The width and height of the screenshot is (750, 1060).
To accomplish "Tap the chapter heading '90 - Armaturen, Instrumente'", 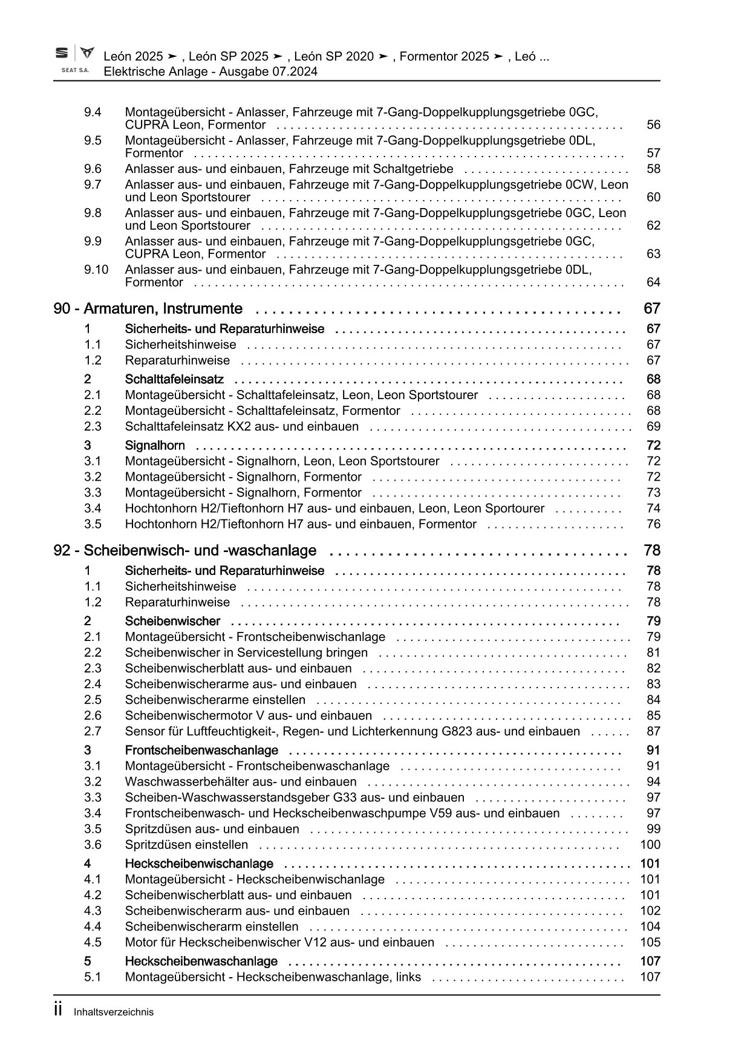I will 148,309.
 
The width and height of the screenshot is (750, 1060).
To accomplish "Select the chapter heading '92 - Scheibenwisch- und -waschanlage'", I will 184,551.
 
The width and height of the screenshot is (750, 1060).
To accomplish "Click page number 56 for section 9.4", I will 653,125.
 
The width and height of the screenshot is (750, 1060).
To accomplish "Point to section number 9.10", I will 96,270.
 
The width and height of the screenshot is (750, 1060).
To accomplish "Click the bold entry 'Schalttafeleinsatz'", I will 174,380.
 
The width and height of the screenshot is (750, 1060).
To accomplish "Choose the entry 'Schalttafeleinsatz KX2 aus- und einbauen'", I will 241,427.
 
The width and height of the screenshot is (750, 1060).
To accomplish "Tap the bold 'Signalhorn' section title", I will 155,446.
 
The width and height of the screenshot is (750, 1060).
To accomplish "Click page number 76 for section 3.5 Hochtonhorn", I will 653,525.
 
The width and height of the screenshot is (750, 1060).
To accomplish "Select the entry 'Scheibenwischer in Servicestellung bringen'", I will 246,653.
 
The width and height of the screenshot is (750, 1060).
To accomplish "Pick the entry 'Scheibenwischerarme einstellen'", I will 215,700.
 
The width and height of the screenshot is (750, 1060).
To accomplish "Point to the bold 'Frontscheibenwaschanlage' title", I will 201,751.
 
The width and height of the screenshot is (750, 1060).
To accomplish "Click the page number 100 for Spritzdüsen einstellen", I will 650,845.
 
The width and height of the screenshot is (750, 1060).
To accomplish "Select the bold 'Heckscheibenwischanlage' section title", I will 199,864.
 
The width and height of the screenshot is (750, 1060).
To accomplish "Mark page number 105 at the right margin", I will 650,943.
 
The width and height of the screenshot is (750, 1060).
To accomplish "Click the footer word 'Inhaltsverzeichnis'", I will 114,1012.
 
